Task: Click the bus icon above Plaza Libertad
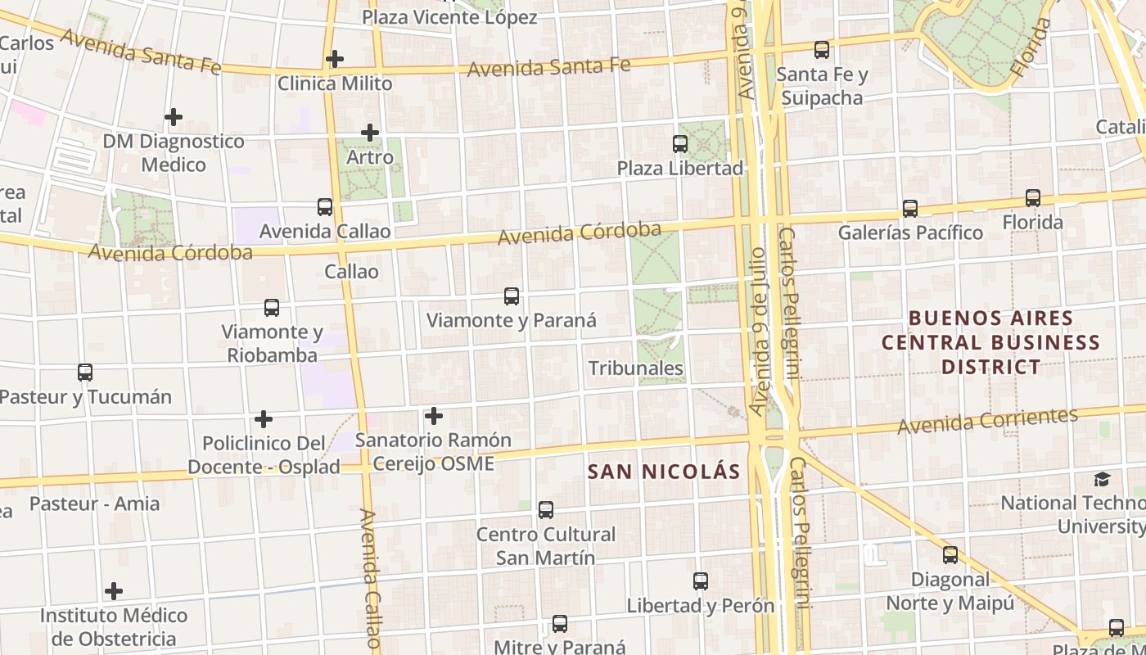pyautogui.click(x=679, y=144)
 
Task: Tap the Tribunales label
pyautogui.click(x=636, y=368)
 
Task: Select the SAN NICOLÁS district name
pyautogui.click(x=664, y=472)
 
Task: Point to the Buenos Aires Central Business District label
pyautogui.click(x=990, y=342)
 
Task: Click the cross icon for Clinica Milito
pyautogui.click(x=334, y=59)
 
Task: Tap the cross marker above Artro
pyautogui.click(x=370, y=132)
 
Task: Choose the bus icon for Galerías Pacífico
pyautogui.click(x=909, y=209)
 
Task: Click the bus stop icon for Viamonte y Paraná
pyautogui.click(x=512, y=296)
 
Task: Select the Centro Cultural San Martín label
pyautogui.click(x=546, y=546)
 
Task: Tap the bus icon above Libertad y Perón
pyautogui.click(x=700, y=581)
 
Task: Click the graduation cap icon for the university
pyautogui.click(x=1103, y=479)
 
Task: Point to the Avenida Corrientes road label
pyautogui.click(x=987, y=421)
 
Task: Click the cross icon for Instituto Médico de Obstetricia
pyautogui.click(x=114, y=591)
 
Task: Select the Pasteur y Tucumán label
pyautogui.click(x=86, y=397)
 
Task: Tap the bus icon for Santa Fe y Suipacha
pyautogui.click(x=821, y=50)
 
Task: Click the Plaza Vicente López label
pyautogui.click(x=449, y=17)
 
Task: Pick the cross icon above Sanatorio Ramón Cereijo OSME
pyautogui.click(x=434, y=416)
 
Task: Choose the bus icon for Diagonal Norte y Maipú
pyautogui.click(x=950, y=555)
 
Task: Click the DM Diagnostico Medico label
pyautogui.click(x=174, y=153)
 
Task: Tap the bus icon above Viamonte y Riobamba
pyautogui.click(x=272, y=308)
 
